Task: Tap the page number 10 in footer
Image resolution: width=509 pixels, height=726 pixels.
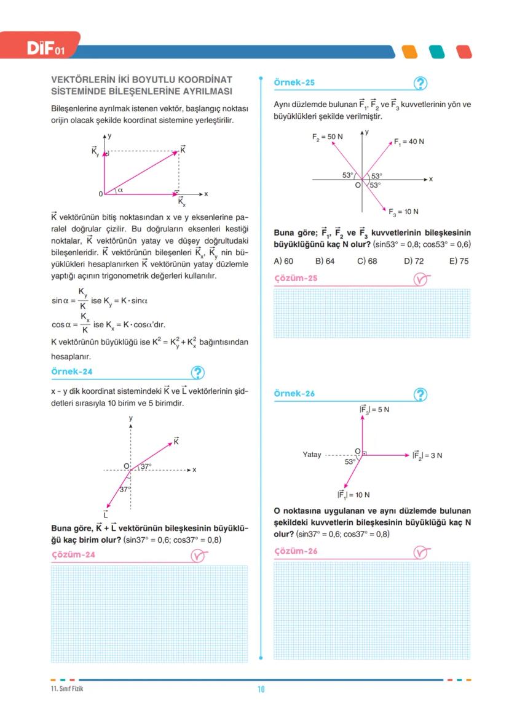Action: [261, 689]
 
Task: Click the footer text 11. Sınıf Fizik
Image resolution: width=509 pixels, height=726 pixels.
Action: [67, 688]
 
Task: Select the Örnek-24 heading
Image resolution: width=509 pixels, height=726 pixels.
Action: [73, 372]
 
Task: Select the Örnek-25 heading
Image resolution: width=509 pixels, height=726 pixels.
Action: [294, 82]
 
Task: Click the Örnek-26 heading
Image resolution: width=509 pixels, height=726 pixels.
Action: [294, 393]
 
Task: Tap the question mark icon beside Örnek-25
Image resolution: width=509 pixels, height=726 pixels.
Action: [421, 84]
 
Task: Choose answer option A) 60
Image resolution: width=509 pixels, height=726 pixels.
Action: [283, 261]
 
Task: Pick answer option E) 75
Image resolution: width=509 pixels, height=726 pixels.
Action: [459, 261]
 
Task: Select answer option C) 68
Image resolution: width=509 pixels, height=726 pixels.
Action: [367, 261]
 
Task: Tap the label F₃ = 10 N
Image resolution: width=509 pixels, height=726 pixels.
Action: [403, 212]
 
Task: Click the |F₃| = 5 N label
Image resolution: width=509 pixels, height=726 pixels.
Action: [374, 409]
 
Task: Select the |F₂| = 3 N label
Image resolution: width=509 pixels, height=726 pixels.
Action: [427, 455]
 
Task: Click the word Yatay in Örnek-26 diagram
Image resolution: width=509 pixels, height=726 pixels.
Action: [312, 455]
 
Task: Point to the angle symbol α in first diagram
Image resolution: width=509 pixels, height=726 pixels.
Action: [120, 190]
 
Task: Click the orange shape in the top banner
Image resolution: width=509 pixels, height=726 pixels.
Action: [409, 52]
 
